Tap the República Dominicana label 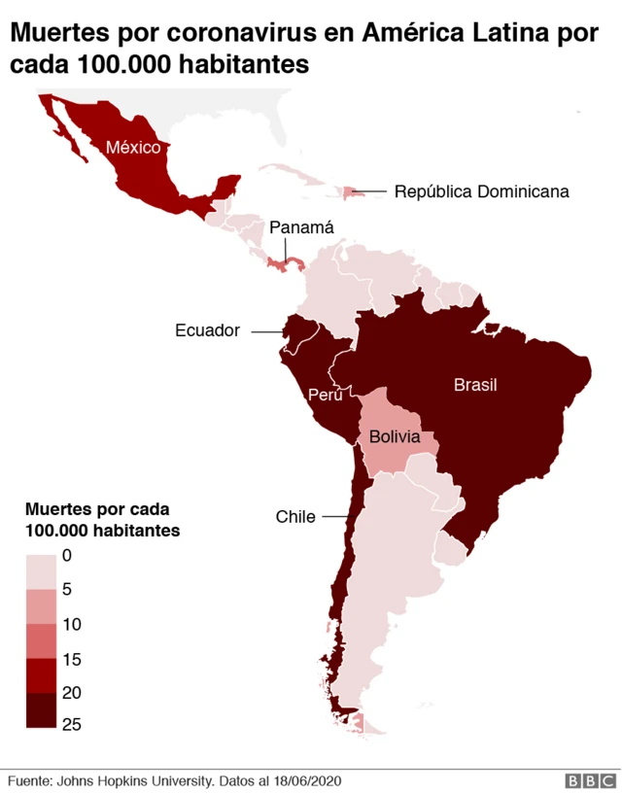pyautogui.click(x=481, y=191)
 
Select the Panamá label pyautogui.click(x=301, y=227)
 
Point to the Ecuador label pyautogui.click(x=207, y=330)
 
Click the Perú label pyautogui.click(x=324, y=395)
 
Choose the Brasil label pyautogui.click(x=475, y=385)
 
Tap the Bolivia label pyautogui.click(x=394, y=438)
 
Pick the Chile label pyautogui.click(x=295, y=516)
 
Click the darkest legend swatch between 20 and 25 pyautogui.click(x=42, y=710)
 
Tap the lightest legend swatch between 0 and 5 pyautogui.click(x=42, y=572)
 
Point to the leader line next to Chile pyautogui.click(x=334, y=517)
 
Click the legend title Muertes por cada pyautogui.click(x=97, y=509)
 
